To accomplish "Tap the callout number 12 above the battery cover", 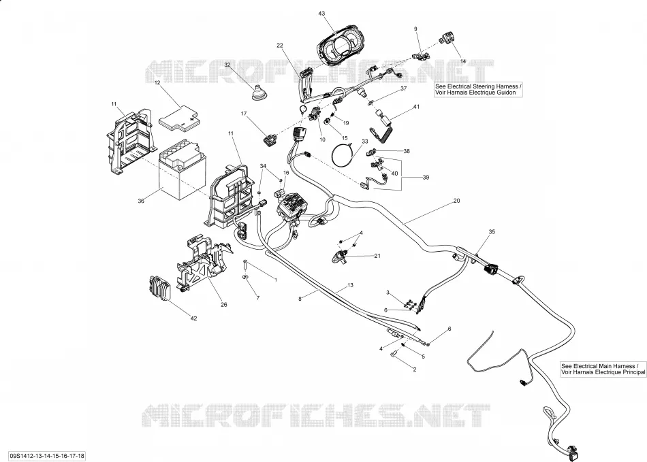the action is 157,83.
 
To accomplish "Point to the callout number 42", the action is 193,318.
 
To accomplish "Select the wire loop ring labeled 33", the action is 343,154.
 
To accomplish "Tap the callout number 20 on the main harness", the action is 456,201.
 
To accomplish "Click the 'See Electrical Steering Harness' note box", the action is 478,89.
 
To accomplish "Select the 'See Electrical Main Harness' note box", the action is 603,369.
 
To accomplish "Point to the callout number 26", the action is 223,305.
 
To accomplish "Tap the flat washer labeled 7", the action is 244,276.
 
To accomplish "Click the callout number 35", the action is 492,231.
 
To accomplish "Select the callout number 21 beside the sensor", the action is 377,256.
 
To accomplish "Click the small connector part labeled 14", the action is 445,38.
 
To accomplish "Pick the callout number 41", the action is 416,107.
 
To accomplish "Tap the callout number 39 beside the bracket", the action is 426,177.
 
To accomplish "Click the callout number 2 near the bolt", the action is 415,369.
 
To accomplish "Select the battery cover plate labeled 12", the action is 179,116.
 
